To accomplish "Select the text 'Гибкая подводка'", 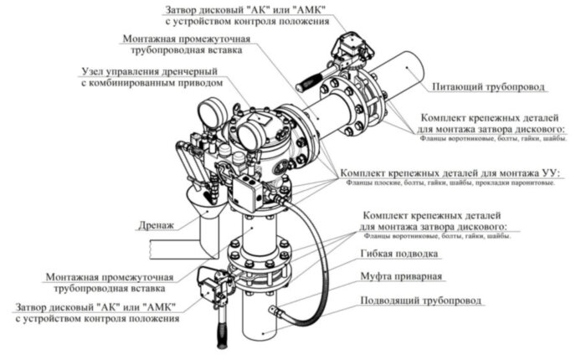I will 400,253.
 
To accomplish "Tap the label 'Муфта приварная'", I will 401,275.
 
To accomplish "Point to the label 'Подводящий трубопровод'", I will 420,300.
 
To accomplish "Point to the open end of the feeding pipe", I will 408,64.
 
